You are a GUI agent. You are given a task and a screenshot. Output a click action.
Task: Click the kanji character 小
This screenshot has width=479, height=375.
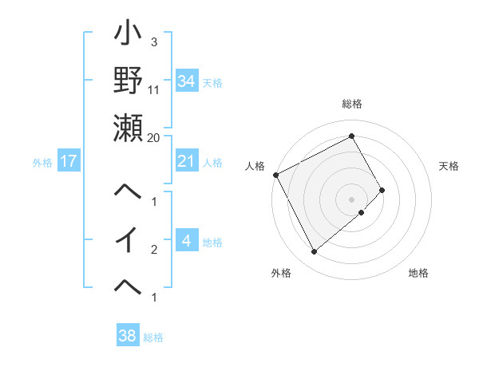[128, 36]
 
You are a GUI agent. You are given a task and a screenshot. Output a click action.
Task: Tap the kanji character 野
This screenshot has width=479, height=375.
[128, 81]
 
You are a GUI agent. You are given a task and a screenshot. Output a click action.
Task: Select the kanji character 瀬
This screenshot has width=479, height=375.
[128, 128]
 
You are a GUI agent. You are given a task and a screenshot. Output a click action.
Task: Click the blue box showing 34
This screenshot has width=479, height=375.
[186, 81]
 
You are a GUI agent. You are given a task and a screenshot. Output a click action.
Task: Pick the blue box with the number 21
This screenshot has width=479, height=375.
[186, 161]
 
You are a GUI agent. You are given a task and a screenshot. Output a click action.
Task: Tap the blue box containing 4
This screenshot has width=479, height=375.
[186, 241]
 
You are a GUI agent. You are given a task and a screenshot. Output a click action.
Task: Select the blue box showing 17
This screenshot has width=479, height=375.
[68, 162]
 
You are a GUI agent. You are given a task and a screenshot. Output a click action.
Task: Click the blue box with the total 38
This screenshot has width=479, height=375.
[127, 336]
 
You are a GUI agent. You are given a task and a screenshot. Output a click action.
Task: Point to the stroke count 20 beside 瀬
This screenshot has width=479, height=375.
[154, 137]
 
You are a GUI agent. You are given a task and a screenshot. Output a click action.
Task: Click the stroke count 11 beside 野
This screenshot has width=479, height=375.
[154, 90]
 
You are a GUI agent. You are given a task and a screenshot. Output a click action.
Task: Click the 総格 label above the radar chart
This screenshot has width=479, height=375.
[351, 105]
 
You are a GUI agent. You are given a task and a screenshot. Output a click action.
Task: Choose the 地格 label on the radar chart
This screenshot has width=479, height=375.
[418, 273]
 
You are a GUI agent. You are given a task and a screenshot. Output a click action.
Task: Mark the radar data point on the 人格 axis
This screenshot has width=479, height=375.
[275, 175]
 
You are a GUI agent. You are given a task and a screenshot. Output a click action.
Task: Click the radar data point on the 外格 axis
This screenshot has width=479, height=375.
[314, 251]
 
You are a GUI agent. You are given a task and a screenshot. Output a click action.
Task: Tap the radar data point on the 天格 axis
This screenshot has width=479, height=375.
[382, 190]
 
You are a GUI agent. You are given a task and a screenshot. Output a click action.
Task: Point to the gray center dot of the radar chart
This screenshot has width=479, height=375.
[351, 199]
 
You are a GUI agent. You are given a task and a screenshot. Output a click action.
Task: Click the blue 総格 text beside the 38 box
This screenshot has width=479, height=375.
[153, 337]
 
